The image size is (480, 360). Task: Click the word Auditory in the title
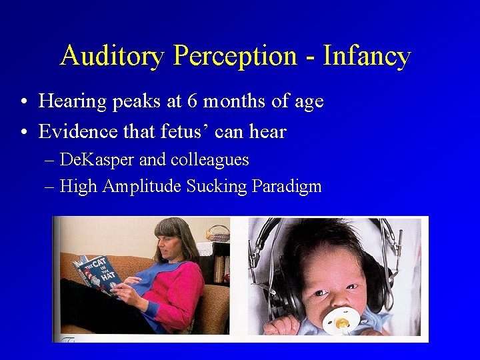112,56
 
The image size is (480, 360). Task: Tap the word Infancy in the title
367,56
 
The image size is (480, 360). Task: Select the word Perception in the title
235,56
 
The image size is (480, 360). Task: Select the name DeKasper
98,160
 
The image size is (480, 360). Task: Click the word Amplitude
142,187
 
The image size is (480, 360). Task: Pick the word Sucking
217,187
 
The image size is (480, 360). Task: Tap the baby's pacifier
341,321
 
